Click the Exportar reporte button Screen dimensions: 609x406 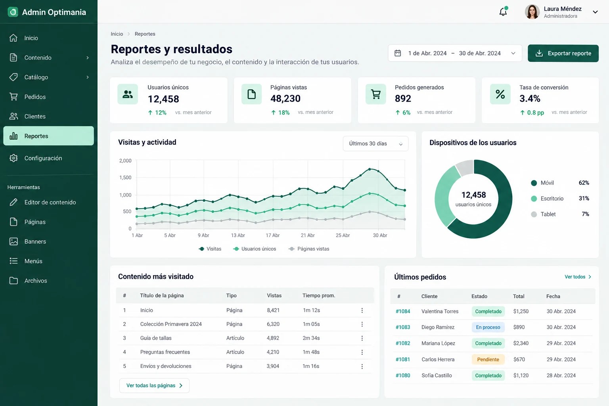(563, 53)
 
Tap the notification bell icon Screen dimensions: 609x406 (503, 11)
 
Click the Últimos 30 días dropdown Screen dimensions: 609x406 (375, 144)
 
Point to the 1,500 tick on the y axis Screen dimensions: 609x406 (125, 178)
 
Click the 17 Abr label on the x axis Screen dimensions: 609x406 (272, 235)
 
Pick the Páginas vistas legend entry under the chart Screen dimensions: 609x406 (309, 249)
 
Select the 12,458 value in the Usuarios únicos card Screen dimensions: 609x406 (163, 99)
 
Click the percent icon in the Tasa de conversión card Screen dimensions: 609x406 (500, 94)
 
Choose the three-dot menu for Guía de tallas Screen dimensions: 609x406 (362, 338)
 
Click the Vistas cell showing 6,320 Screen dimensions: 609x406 (273, 324)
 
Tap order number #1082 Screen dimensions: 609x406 (403, 343)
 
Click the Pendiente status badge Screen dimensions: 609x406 (488, 360)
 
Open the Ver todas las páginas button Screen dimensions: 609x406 (154, 386)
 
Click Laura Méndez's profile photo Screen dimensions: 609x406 (532, 11)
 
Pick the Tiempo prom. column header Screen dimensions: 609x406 (319, 296)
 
